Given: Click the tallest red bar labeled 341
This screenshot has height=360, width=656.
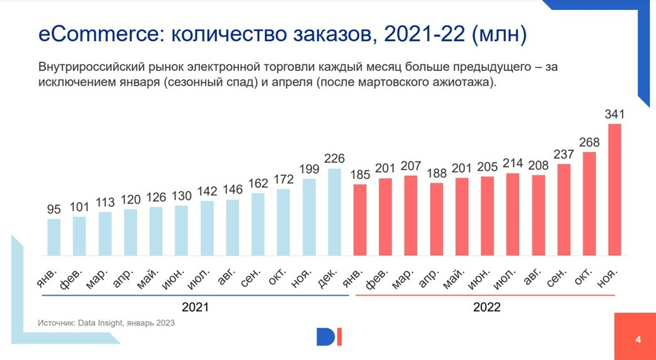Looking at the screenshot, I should point(614,189).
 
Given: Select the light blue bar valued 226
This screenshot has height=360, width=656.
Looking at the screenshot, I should point(334,212).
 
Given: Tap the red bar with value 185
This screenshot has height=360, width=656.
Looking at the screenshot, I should point(360,220).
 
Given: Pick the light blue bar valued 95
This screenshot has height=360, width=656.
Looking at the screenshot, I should point(54,237).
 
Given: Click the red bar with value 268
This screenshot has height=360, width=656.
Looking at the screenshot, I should point(589,204).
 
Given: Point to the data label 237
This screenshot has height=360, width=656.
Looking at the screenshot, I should point(563,155).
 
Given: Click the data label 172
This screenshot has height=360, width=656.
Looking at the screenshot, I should point(284,180).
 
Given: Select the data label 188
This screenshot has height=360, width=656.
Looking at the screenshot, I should point(436,173).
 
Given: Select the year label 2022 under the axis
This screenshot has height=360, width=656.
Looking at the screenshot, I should point(486,307).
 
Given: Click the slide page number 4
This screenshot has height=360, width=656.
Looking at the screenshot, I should point(638,340).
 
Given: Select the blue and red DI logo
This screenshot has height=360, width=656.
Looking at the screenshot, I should point(329,337).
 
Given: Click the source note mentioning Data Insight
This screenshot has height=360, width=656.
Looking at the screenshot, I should point(106,322).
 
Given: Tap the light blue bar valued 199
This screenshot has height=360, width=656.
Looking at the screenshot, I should point(309,217).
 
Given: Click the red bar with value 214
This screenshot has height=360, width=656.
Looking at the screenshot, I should point(513,214).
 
